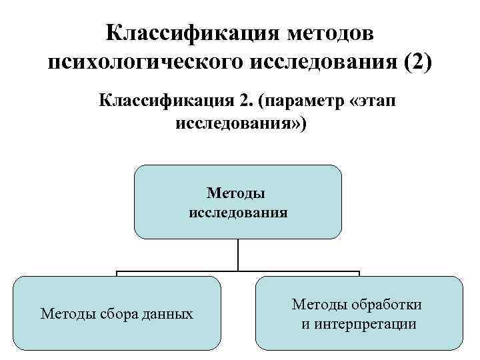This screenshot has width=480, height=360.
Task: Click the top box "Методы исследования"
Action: pyautogui.click(x=238, y=202)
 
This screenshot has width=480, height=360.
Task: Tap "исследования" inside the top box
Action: pyautogui.click(x=238, y=213)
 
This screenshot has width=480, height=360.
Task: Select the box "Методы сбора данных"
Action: pyautogui.click(x=117, y=313)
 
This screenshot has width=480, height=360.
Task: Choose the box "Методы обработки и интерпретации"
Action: pyautogui.click(x=358, y=313)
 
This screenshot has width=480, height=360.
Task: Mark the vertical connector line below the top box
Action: pyautogui.click(x=238, y=255)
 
